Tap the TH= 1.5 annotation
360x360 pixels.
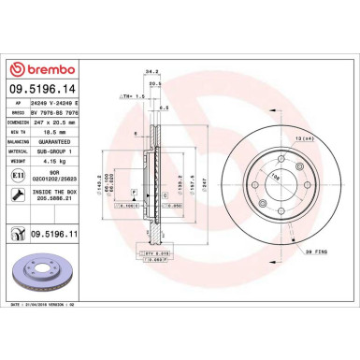tap(131, 95)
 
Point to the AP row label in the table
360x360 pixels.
tap(16, 106)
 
